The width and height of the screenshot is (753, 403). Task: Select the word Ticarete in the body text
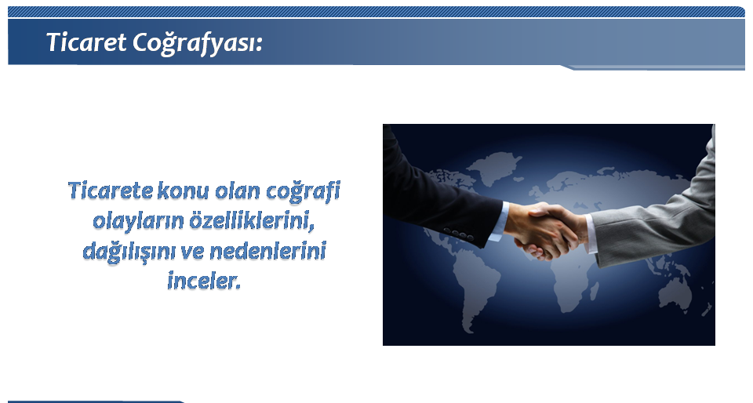(x=111, y=191)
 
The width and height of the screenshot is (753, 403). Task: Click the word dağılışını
(x=129, y=252)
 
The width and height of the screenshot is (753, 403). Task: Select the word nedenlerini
(x=268, y=252)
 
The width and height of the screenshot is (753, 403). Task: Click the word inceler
(x=204, y=281)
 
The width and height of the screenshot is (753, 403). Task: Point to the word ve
(x=192, y=252)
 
